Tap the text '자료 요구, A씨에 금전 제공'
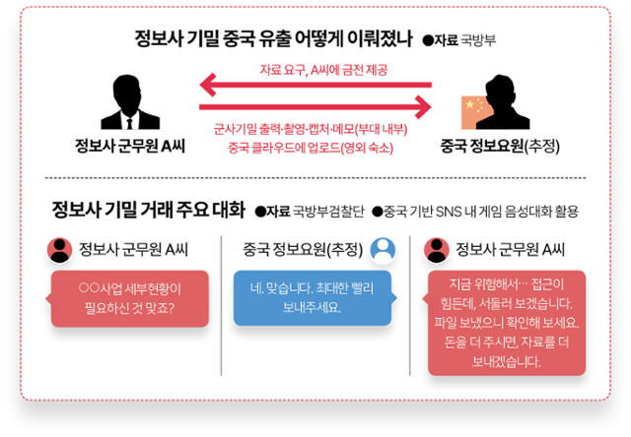[x=322, y=69]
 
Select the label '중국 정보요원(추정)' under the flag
[x=500, y=147]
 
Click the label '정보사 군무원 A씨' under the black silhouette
[x=129, y=147]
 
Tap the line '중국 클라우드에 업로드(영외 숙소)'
[x=311, y=148]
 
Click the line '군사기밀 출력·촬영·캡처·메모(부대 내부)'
[x=311, y=129]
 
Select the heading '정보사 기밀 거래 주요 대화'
[x=148, y=209]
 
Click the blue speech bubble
[x=312, y=297]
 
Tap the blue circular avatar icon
[x=382, y=248]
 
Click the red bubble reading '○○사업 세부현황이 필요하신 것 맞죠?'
[x=129, y=297]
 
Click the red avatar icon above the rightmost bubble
[x=436, y=249]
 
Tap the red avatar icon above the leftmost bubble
[x=60, y=249]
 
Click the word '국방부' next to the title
[x=479, y=41]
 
